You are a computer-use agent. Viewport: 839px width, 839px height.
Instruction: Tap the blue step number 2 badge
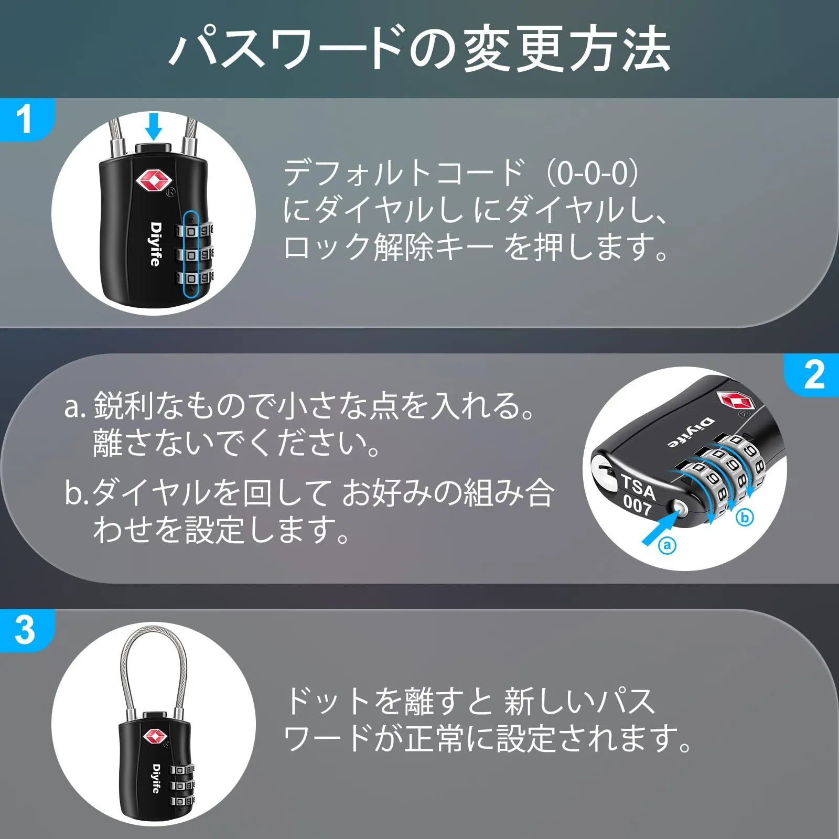click(812, 375)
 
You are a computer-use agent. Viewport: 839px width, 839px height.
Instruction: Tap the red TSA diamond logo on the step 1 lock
click(154, 181)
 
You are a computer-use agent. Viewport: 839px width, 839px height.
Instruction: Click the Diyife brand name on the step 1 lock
click(155, 244)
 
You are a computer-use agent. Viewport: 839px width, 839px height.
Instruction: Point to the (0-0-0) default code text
click(593, 173)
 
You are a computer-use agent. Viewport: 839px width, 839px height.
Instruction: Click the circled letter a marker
click(667, 545)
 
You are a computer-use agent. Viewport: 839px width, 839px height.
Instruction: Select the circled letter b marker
click(745, 518)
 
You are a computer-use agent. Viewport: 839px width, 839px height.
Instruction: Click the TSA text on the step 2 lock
click(639, 487)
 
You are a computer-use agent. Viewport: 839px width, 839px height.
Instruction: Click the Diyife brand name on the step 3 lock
click(156, 778)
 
